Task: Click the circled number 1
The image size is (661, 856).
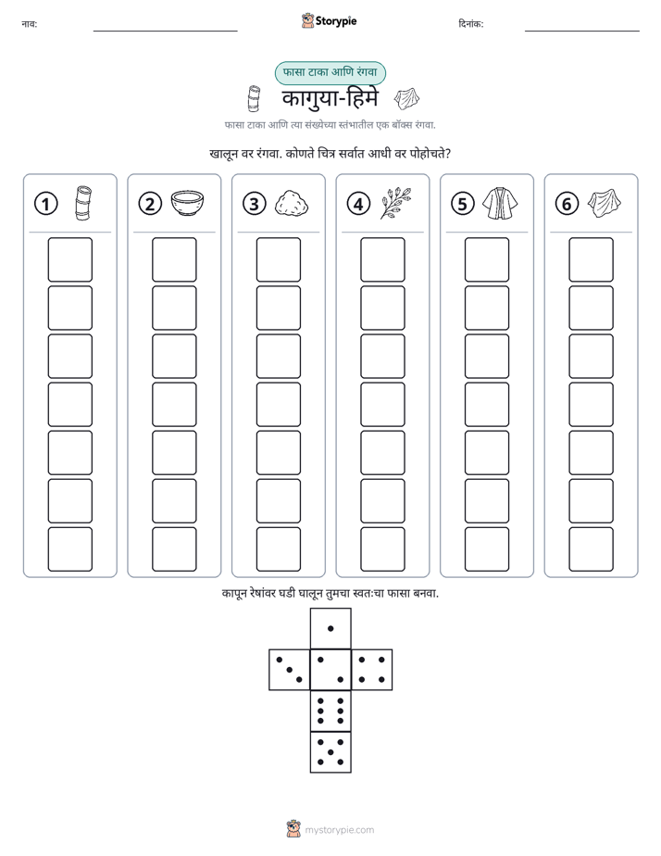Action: (45, 204)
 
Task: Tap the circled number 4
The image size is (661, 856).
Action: (358, 204)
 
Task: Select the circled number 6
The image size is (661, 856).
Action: (567, 204)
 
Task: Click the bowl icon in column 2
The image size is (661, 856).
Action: (187, 203)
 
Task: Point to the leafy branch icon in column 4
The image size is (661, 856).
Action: (396, 203)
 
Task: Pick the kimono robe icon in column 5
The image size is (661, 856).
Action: (500, 203)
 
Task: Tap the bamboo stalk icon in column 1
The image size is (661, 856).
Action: (83, 203)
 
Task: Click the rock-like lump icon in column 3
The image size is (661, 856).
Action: (292, 203)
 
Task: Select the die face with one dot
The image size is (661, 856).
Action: (330, 628)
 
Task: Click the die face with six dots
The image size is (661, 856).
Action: (330, 711)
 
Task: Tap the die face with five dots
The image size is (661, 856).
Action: (330, 752)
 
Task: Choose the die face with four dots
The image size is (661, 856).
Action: (372, 670)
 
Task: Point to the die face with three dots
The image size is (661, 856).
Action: (289, 670)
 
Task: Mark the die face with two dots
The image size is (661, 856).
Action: (330, 670)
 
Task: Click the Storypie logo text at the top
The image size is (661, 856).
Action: (336, 21)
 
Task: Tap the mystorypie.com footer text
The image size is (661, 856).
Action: (339, 830)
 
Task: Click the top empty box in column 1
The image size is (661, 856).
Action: (69, 259)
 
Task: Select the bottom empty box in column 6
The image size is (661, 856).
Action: (592, 549)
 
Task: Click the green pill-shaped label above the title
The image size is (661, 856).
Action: (330, 73)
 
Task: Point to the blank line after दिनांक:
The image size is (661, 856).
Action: (582, 31)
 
